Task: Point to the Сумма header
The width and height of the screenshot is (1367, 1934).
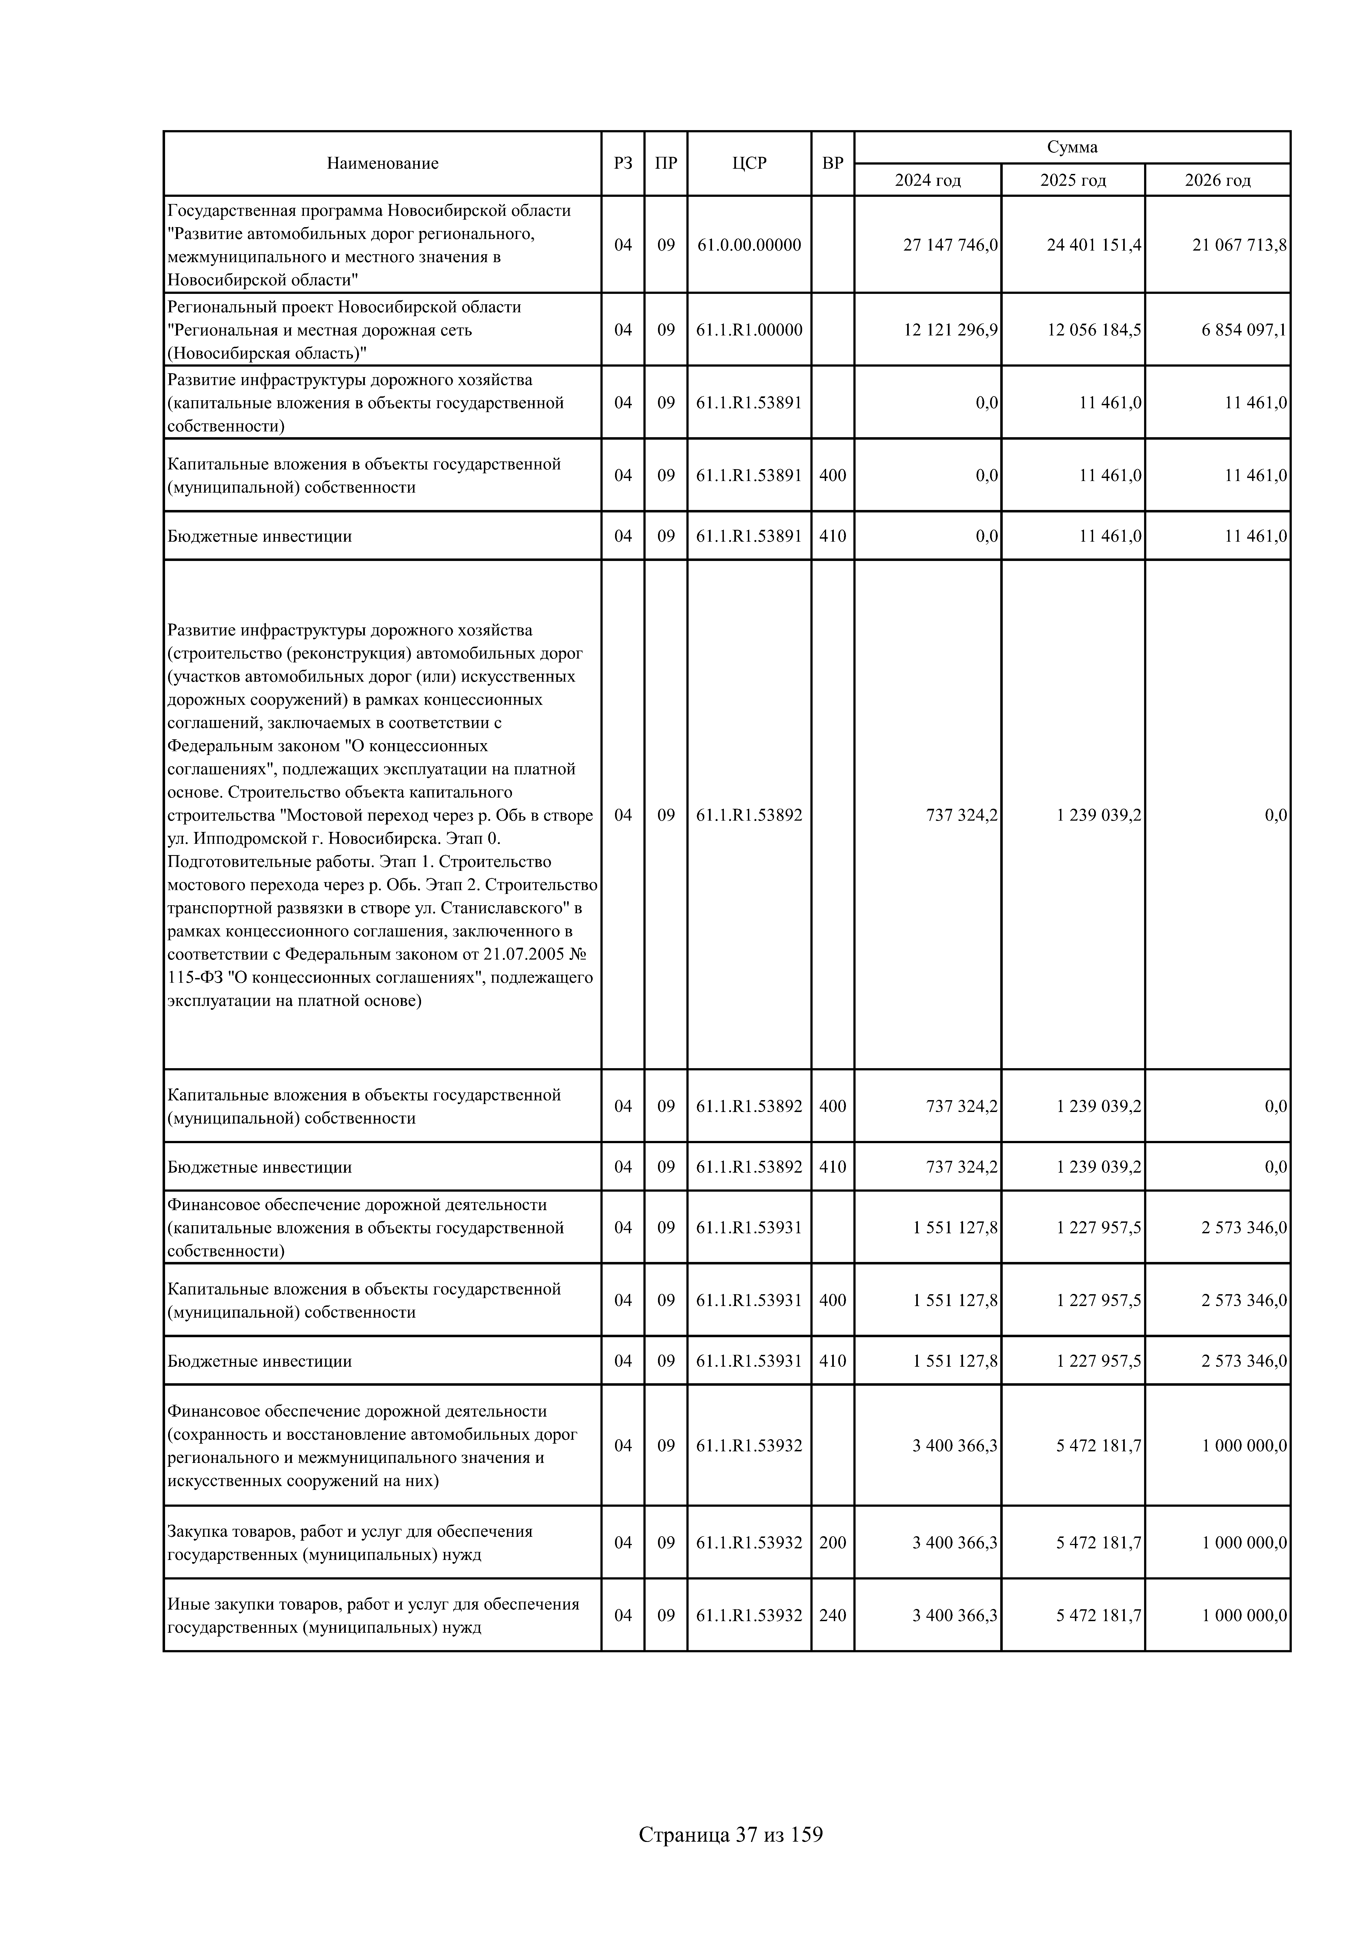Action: (1072, 147)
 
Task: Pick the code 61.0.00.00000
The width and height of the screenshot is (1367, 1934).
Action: (749, 245)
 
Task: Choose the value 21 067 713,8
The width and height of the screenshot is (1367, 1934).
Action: (1239, 245)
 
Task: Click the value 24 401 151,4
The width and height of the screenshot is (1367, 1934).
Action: (1094, 245)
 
